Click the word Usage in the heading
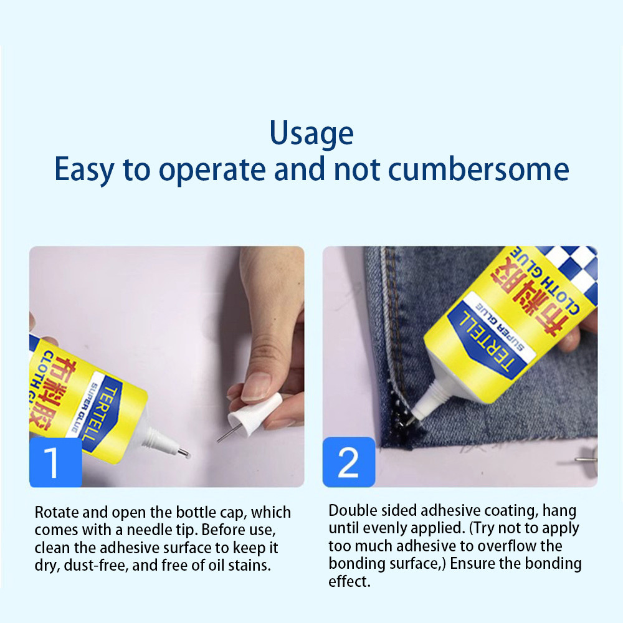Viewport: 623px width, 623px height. pos(311,133)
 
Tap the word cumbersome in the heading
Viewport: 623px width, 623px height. pos(478,169)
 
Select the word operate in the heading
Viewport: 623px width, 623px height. pos(212,171)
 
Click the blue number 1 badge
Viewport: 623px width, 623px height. pos(55,462)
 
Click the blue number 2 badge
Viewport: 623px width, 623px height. pos(348,462)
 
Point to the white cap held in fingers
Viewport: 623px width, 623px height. pos(255,414)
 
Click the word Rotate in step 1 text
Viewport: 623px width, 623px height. pos(57,513)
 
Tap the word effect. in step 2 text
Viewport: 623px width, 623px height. pos(350,582)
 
